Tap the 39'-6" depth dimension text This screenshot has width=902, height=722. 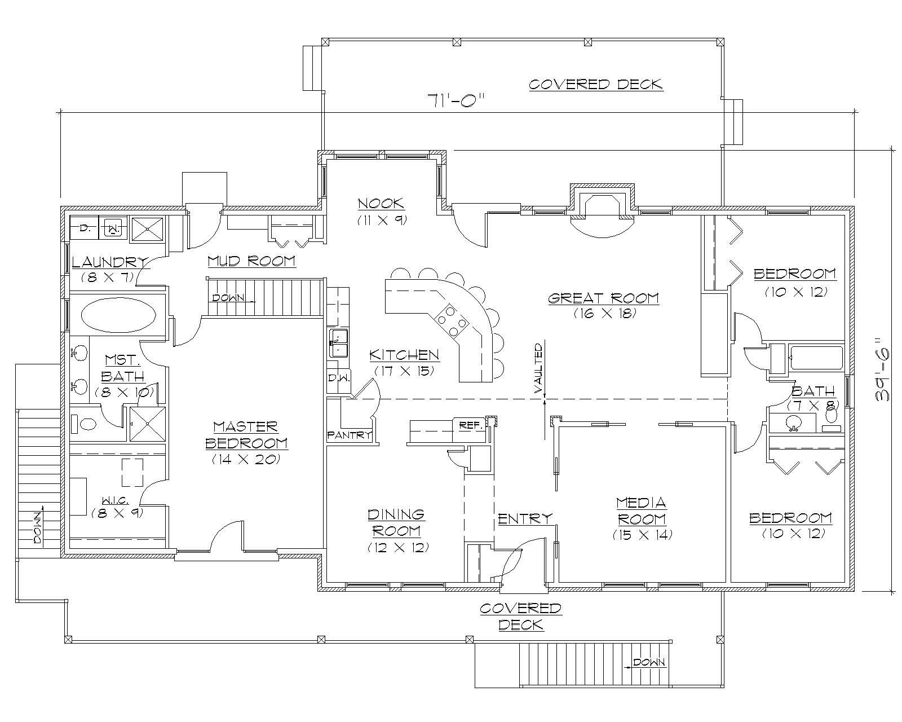click(x=883, y=369)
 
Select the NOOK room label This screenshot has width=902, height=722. click(x=381, y=203)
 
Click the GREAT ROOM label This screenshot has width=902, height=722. click(x=604, y=298)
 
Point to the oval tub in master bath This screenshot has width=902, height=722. click(x=118, y=314)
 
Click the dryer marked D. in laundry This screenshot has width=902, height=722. click(x=85, y=228)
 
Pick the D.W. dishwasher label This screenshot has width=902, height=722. click(x=338, y=378)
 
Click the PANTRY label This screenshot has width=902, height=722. click(x=350, y=435)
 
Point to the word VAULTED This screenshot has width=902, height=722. click(x=539, y=368)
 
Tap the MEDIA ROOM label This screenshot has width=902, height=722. click(x=642, y=510)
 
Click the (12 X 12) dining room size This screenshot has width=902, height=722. click(x=397, y=547)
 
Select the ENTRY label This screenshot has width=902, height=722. click(x=525, y=518)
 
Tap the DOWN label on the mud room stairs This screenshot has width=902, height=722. click(x=228, y=298)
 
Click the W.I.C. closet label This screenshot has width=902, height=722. click(x=116, y=500)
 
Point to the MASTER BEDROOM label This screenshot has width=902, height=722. click(x=246, y=434)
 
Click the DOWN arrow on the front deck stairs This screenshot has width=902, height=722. click(x=648, y=663)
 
